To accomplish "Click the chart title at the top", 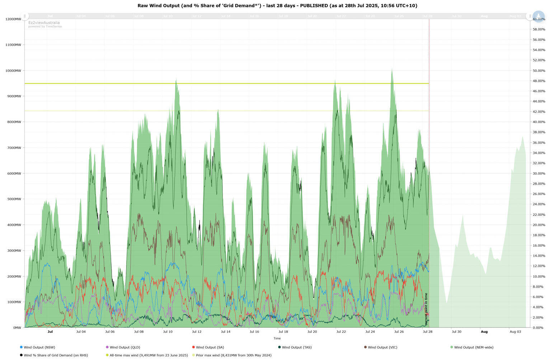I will pyautogui.click(x=277, y=6).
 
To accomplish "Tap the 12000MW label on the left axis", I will pyautogui.click(x=13, y=19).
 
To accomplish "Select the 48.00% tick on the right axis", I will pyautogui.click(x=539, y=81).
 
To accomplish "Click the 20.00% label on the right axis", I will pyautogui.click(x=539, y=225).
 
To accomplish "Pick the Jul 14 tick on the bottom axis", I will pyautogui.click(x=226, y=332).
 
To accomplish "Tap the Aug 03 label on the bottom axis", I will pyautogui.click(x=515, y=332).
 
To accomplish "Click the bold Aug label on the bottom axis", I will pyautogui.click(x=484, y=332).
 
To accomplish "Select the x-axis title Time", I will pyautogui.click(x=277, y=338).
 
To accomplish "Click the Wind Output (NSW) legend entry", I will pyautogui.click(x=39, y=347).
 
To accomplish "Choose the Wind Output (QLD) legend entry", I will pyautogui.click(x=125, y=347).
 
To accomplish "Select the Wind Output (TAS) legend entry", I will pyautogui.click(x=297, y=347).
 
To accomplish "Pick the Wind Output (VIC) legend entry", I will pyautogui.click(x=382, y=347).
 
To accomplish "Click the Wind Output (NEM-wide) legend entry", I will pyautogui.click(x=474, y=347).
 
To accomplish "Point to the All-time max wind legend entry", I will pyautogui.click(x=149, y=355).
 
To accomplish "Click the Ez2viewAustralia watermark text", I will pyautogui.click(x=44, y=23).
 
